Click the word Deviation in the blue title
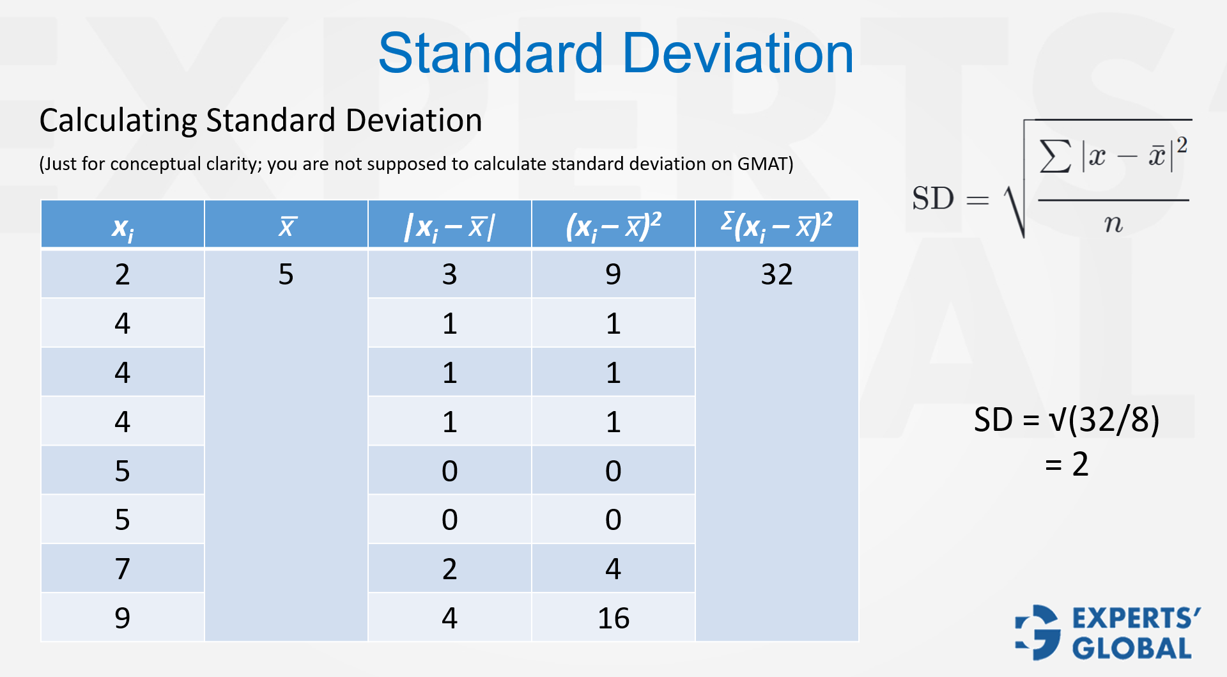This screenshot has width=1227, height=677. tap(738, 54)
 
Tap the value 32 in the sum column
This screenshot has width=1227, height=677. tap(776, 275)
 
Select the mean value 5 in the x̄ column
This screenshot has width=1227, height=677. tap(286, 275)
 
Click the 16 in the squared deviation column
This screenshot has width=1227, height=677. tap(613, 618)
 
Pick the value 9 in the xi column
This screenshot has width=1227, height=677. tap(122, 618)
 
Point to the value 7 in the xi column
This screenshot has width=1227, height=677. tap(122, 569)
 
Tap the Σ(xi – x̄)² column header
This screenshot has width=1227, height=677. tap(776, 225)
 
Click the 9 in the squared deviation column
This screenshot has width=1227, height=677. tap(613, 275)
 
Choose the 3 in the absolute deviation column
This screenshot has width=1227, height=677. tap(449, 275)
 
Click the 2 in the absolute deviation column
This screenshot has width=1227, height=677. tap(449, 569)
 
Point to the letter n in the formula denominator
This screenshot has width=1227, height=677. tap(1113, 224)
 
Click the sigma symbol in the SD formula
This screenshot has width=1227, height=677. tap(1055, 156)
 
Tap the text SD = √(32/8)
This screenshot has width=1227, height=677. tap(1066, 420)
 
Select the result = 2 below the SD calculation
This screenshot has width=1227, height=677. tap(1066, 464)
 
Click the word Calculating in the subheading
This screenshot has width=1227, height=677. tap(118, 121)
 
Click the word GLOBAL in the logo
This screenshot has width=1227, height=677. tap(1131, 648)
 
